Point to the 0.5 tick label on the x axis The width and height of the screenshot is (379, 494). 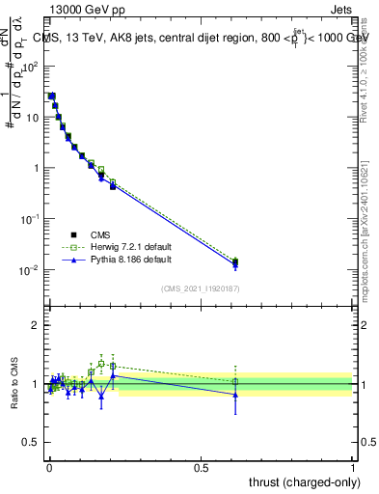pyautogui.click(x=201, y=467)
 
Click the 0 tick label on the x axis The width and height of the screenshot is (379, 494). pyautogui.click(x=49, y=467)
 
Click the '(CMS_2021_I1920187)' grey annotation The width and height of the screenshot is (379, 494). pyautogui.click(x=200, y=288)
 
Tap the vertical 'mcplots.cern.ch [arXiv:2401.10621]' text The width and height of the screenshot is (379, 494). pyautogui.click(x=366, y=232)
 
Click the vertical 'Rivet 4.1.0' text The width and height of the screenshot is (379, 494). pyautogui.click(x=366, y=64)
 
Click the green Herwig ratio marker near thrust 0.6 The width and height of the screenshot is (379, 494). pyautogui.click(x=235, y=382)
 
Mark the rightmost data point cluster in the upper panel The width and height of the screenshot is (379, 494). pyautogui.click(x=235, y=262)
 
